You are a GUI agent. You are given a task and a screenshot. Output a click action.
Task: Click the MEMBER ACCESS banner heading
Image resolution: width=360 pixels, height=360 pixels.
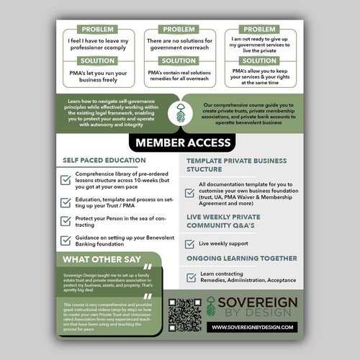180,143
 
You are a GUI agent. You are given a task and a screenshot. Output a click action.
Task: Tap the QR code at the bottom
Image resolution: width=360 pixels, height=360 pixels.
184,316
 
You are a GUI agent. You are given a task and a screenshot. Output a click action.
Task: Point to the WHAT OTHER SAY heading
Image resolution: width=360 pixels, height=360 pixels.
99,260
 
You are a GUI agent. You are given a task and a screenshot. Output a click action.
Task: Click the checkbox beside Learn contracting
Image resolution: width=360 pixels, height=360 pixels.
190,277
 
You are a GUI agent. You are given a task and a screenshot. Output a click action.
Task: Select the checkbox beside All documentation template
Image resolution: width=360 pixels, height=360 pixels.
190,189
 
